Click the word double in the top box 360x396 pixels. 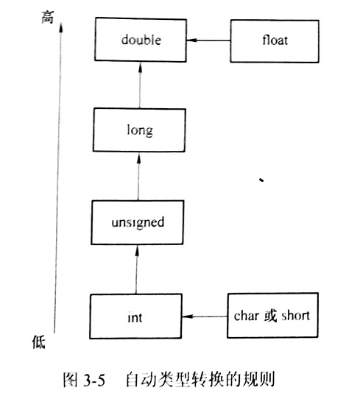141,40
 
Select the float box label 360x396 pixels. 275,40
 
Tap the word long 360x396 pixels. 140,130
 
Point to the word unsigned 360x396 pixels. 138,222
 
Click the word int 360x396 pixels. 135,317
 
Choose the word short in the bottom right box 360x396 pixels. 295,316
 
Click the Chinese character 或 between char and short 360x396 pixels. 271,316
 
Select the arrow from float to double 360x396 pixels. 208,40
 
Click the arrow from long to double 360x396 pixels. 140,85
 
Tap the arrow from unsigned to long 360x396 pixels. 138,176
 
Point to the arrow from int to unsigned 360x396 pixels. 136,269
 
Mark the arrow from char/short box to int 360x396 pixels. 205,317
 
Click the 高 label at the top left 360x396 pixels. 48,17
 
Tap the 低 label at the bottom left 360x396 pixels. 39,342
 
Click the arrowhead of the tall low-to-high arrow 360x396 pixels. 60,27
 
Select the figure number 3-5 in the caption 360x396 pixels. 93,380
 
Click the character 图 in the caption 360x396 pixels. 70,380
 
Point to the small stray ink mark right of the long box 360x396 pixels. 261,180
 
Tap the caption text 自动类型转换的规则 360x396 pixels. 200,379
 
